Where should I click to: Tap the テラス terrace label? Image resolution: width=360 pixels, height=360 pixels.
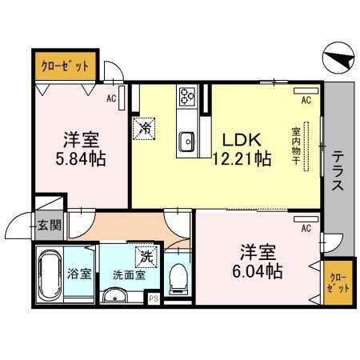pyautogui.click(x=338, y=170)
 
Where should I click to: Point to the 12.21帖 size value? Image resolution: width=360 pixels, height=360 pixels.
pyautogui.click(x=241, y=158)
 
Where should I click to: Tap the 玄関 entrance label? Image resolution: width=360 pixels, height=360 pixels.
pyautogui.click(x=49, y=226)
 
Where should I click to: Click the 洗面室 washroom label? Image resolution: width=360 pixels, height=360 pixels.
pyautogui.click(x=127, y=274)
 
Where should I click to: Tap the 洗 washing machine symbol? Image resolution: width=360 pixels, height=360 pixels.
pyautogui.click(x=146, y=256)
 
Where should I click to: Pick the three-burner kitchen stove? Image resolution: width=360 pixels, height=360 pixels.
pyautogui.click(x=187, y=97)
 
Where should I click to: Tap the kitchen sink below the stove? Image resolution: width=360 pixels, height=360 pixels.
pyautogui.click(x=189, y=141)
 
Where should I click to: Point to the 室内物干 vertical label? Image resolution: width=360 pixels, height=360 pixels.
pyautogui.click(x=295, y=143)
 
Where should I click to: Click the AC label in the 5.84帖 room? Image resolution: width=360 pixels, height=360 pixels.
pyautogui.click(x=113, y=98)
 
